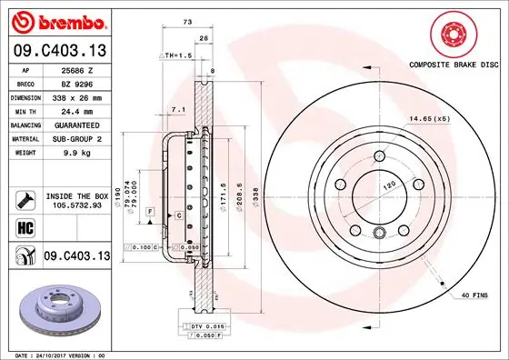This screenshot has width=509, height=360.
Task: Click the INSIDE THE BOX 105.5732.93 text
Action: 76,201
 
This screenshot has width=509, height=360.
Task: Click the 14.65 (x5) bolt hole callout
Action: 430,118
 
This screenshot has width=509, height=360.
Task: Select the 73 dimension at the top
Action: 187,19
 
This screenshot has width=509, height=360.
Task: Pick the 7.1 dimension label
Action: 177,109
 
